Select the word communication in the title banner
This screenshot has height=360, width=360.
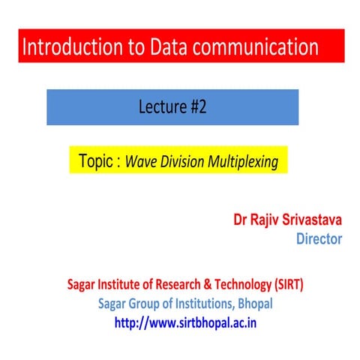(258, 48)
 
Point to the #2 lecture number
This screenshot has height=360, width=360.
(193, 106)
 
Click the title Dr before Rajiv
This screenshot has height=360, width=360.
(241, 221)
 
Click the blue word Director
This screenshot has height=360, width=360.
(319, 239)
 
